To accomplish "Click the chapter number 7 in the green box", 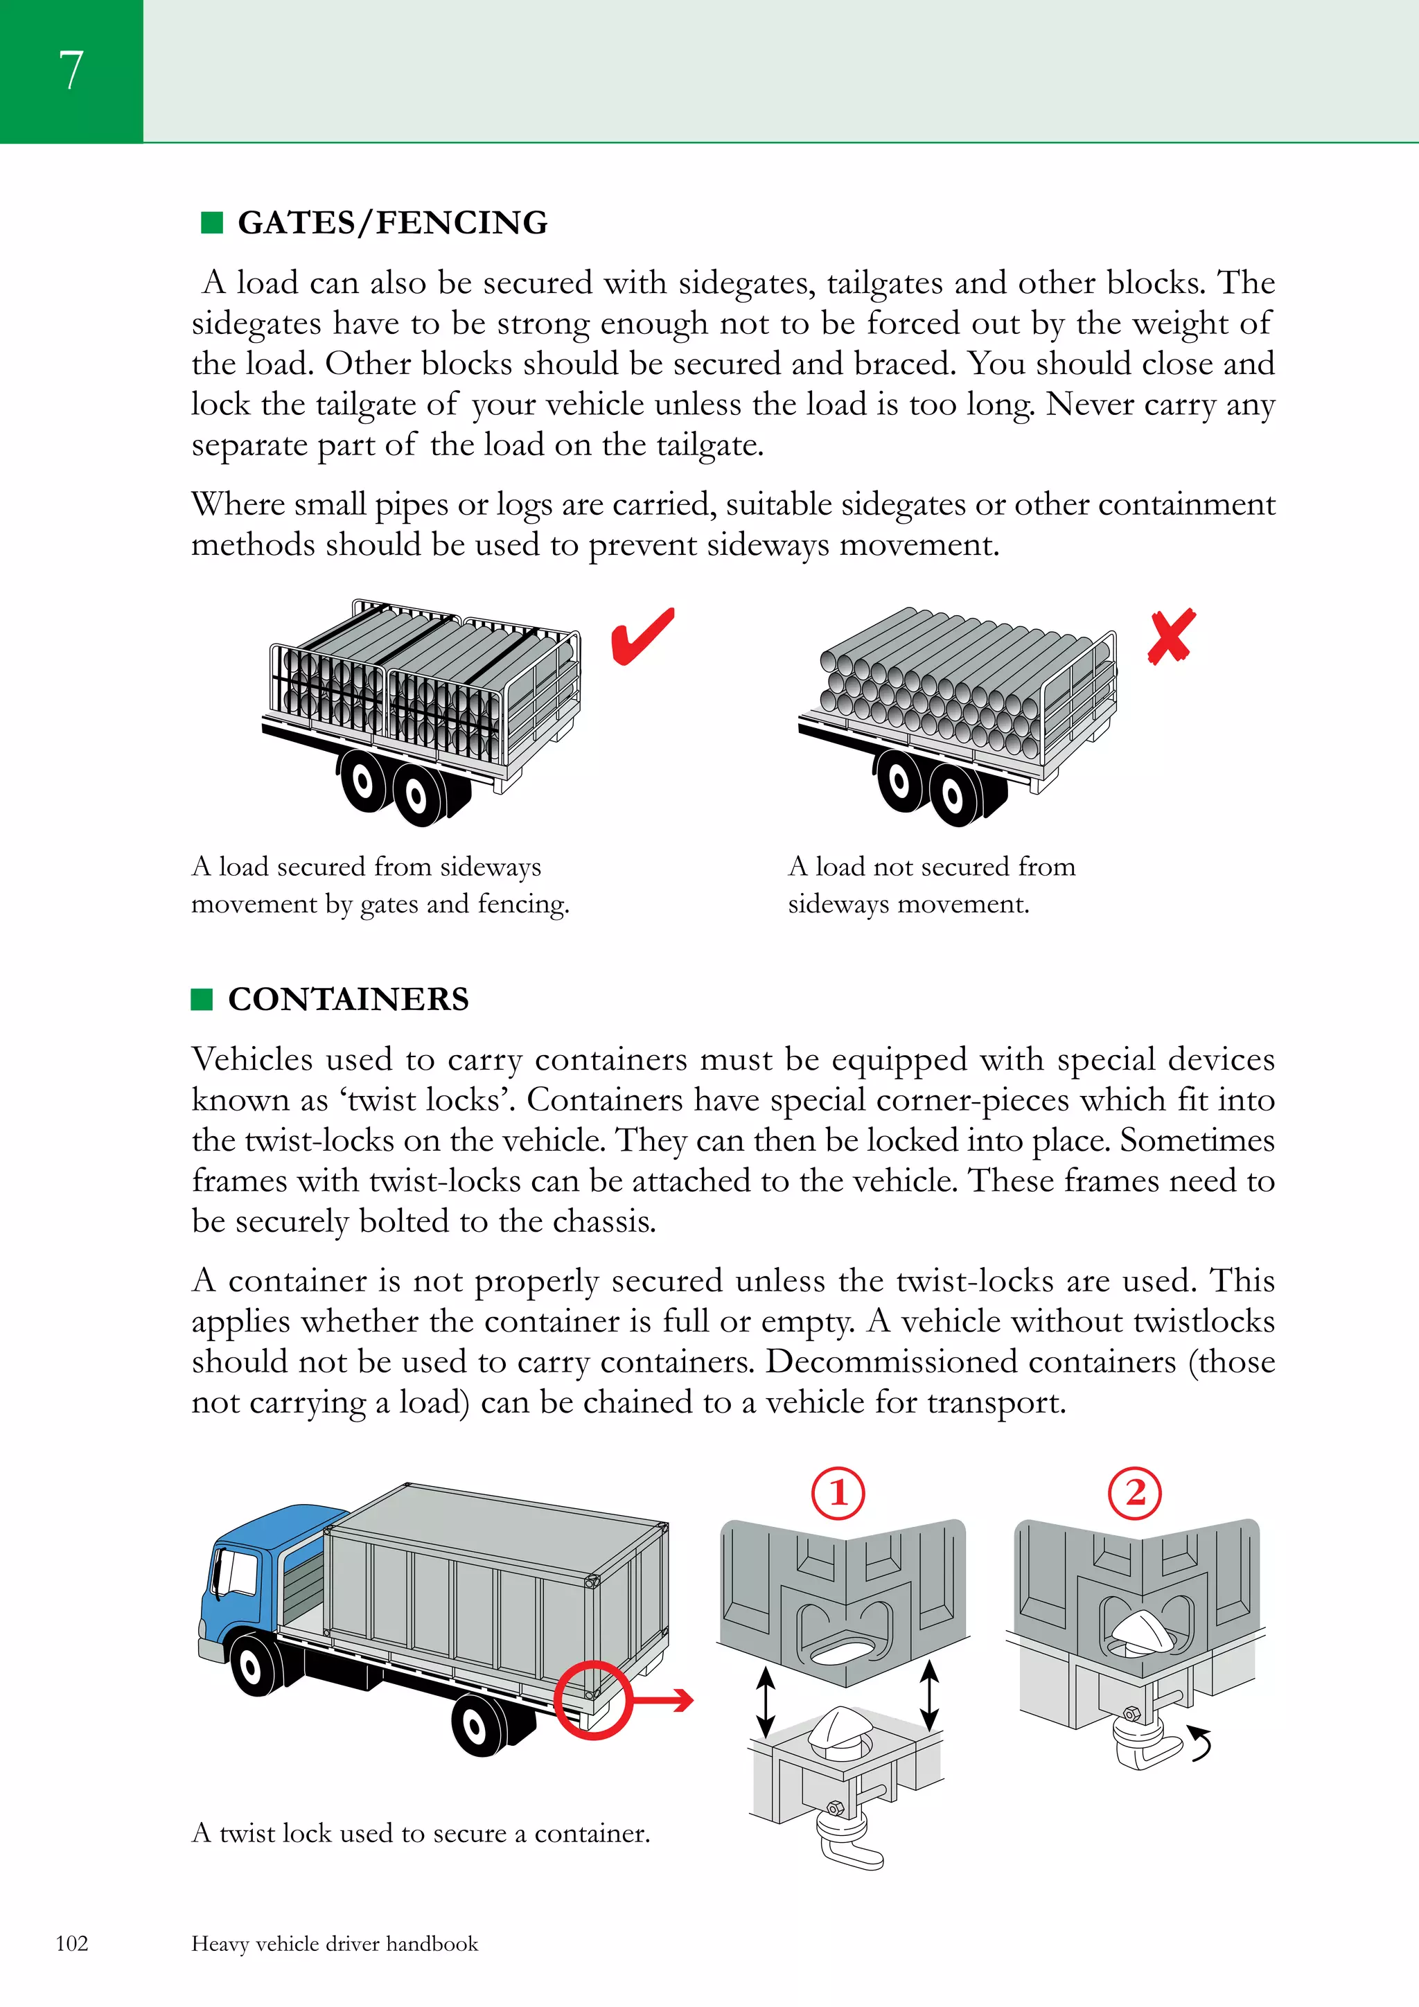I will (71, 70).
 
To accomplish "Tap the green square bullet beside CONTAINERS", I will (202, 999).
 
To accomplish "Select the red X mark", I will (1171, 637).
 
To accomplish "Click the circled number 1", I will (838, 1493).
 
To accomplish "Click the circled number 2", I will (1134, 1493).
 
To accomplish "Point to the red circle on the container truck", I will (592, 1699).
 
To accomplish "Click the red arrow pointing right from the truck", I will (664, 1700).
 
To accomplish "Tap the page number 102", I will (71, 1943).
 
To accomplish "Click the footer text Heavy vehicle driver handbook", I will (334, 1944).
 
